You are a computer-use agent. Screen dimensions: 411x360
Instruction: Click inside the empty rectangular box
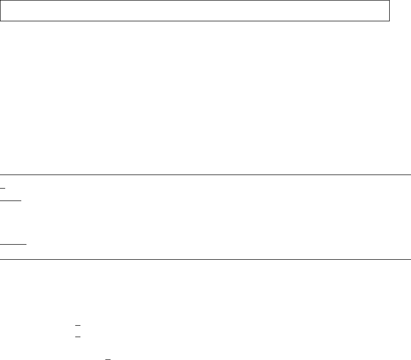(x=195, y=10)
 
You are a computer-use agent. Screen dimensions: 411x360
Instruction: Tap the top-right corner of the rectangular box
(x=389, y=1)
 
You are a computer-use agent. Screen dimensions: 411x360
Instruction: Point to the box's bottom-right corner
(x=389, y=21)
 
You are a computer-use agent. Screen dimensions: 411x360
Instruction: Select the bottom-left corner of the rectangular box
(x=1, y=21)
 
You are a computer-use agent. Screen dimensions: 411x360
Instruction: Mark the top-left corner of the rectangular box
(x=1, y=1)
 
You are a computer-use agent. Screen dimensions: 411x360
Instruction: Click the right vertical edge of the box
(x=389, y=10)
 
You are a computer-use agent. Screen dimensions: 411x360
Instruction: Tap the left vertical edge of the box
(x=1, y=10)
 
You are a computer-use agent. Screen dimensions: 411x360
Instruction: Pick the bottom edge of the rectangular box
(x=195, y=21)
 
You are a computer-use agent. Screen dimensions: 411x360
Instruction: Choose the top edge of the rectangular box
(x=195, y=1)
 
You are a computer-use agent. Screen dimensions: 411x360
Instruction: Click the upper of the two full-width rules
(x=205, y=175)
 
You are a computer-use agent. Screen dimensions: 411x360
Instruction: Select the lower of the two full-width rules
(x=205, y=259)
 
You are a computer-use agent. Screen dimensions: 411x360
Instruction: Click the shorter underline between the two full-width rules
(x=10, y=200)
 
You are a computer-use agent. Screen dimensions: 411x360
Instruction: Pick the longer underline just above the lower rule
(x=13, y=243)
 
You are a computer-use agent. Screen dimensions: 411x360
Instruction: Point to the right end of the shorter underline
(x=21, y=200)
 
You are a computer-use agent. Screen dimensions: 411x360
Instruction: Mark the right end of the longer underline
(x=26, y=243)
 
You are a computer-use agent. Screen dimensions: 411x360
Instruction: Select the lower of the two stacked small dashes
(x=78, y=336)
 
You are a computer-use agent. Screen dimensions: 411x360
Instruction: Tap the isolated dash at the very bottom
(x=108, y=358)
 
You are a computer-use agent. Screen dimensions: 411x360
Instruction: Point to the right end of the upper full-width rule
(x=410, y=175)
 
